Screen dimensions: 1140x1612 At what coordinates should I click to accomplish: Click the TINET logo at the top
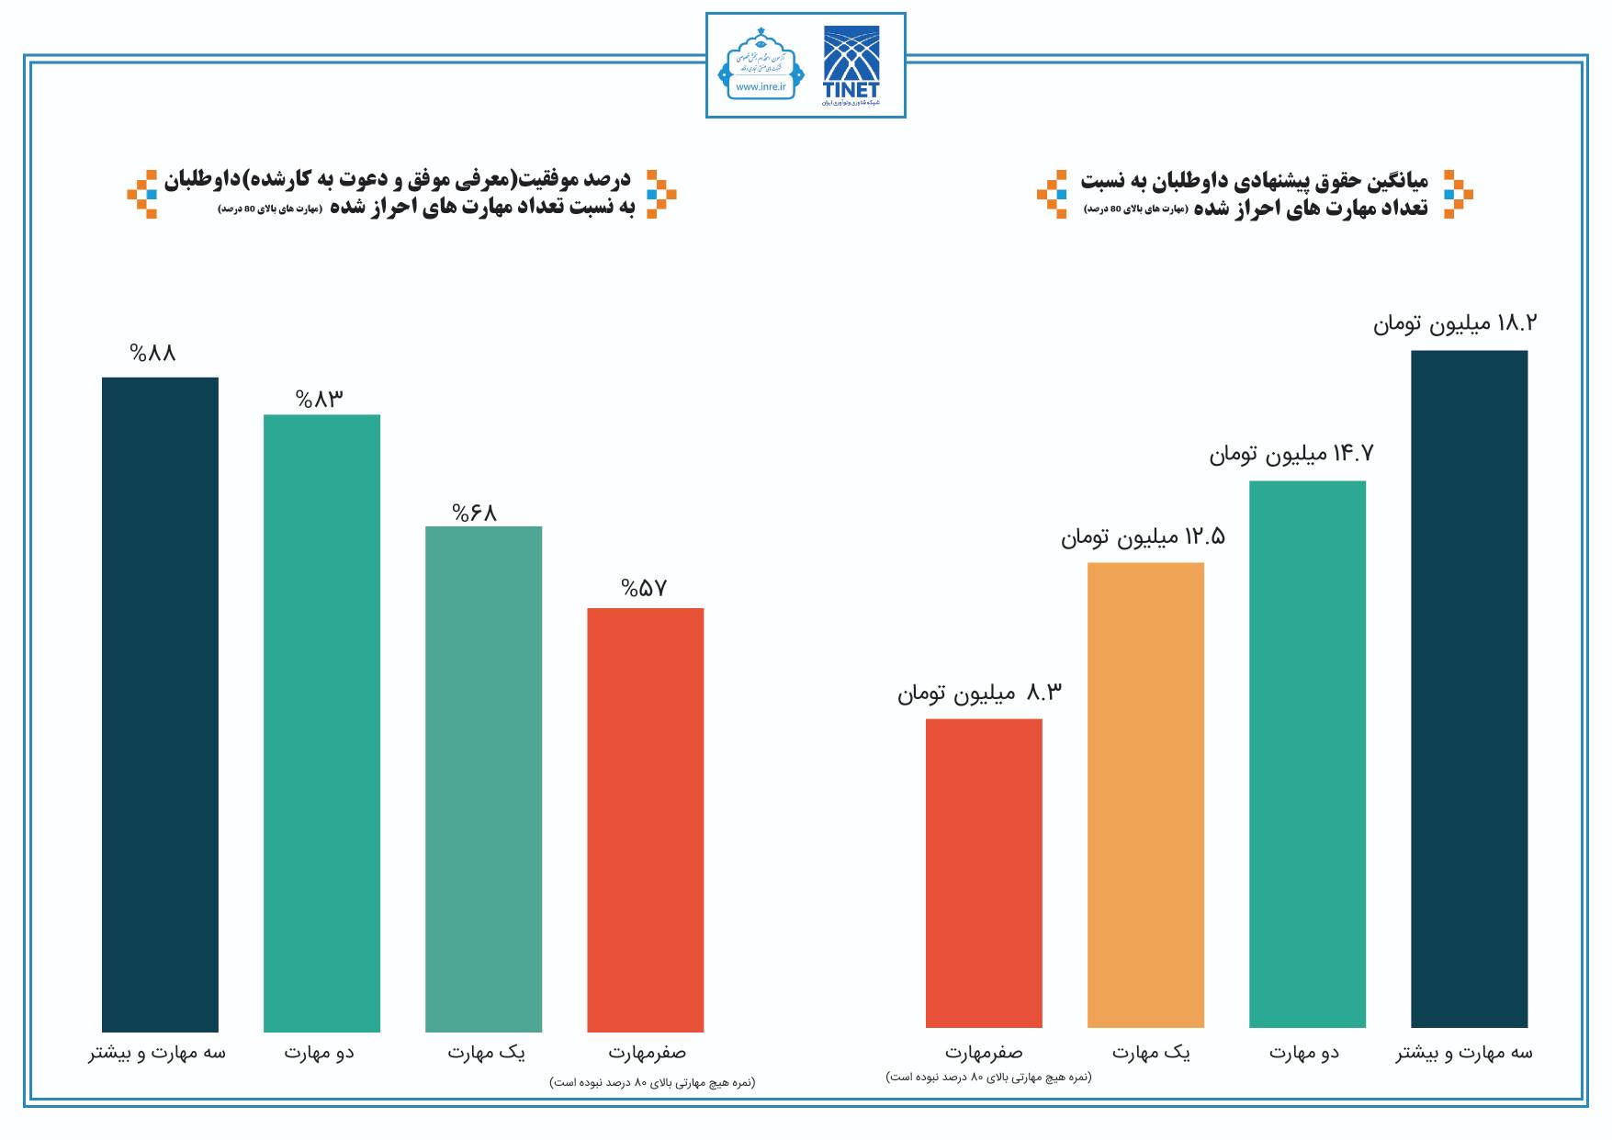[x=851, y=64]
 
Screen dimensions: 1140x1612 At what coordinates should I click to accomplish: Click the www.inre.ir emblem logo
[x=761, y=65]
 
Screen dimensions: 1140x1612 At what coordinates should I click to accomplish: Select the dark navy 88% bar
[x=160, y=704]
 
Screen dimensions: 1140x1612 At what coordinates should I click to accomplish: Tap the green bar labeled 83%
[x=321, y=722]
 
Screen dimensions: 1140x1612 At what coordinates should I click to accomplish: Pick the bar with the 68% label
[x=483, y=778]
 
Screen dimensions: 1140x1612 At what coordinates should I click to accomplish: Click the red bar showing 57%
[x=645, y=819]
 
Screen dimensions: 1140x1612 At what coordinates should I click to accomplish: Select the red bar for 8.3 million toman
[x=984, y=873]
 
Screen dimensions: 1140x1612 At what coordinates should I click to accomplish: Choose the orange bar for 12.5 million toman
[x=1145, y=795]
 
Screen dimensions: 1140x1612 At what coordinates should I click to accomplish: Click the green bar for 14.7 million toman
[x=1307, y=753]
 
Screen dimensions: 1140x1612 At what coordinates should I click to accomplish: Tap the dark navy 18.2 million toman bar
[x=1469, y=688]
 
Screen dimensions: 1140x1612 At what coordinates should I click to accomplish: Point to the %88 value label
[x=152, y=353]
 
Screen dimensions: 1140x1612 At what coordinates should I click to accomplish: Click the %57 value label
[x=644, y=588]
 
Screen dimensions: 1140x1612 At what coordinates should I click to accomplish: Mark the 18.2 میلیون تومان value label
[x=1455, y=323]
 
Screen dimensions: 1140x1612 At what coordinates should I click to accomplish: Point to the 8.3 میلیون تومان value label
[x=979, y=693]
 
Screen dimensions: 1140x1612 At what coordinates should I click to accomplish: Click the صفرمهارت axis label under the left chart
[x=647, y=1053]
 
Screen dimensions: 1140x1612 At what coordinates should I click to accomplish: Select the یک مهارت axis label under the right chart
[x=1151, y=1053]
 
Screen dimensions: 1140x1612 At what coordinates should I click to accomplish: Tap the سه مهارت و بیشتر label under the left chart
[x=157, y=1053]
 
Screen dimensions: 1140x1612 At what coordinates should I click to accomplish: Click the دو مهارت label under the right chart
[x=1304, y=1053]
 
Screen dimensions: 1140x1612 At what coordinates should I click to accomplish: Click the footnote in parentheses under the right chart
[x=988, y=1077]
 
